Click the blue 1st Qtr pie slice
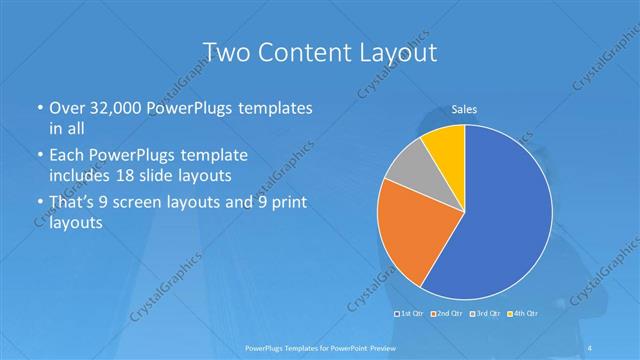(x=505, y=220)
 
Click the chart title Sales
(x=464, y=108)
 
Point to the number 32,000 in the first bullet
(x=116, y=107)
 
